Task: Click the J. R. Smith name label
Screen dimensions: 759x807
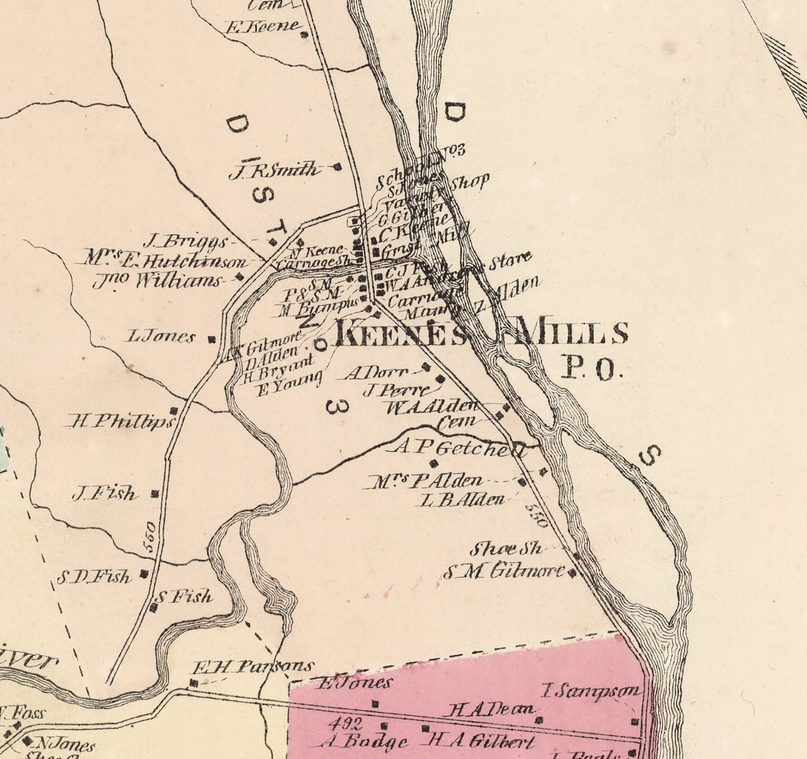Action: [x=274, y=171]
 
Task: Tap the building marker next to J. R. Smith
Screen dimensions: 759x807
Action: [x=338, y=167]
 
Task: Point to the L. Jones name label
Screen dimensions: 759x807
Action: [x=161, y=338]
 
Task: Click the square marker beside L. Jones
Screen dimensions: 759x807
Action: [x=211, y=339]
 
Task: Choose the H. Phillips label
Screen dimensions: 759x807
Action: [x=122, y=421]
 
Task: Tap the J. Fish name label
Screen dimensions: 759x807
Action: [x=105, y=493]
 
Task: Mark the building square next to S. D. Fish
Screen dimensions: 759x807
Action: [x=144, y=574]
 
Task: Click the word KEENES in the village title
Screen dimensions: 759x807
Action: [x=401, y=334]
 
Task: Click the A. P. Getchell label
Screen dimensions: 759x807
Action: [x=460, y=448]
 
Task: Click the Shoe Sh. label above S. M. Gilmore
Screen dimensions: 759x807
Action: [x=506, y=549]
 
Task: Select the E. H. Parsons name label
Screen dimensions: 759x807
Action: [x=253, y=667]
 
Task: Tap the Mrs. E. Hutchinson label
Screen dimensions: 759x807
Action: [x=167, y=261]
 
